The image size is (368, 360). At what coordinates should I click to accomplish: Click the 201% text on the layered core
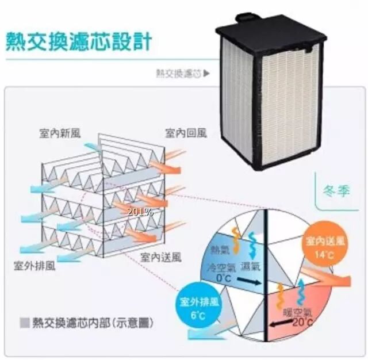click(141, 212)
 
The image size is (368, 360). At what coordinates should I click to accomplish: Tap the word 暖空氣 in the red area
click(298, 311)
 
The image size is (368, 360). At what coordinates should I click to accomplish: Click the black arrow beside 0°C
click(249, 281)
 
